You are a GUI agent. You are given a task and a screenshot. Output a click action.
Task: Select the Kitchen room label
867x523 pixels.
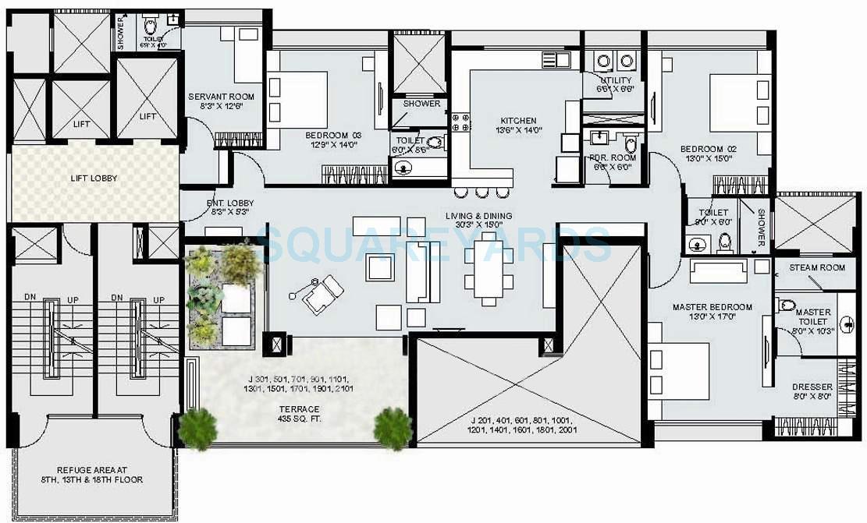(518, 121)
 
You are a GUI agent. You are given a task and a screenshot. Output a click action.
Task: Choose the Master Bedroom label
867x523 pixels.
(712, 307)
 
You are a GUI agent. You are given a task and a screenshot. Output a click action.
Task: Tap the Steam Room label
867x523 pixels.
(816, 267)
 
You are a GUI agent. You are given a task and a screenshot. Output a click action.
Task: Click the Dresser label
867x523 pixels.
(812, 387)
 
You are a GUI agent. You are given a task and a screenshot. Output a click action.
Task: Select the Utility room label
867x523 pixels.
(616, 80)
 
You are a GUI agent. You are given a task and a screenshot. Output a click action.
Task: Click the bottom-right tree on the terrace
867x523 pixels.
(392, 428)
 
